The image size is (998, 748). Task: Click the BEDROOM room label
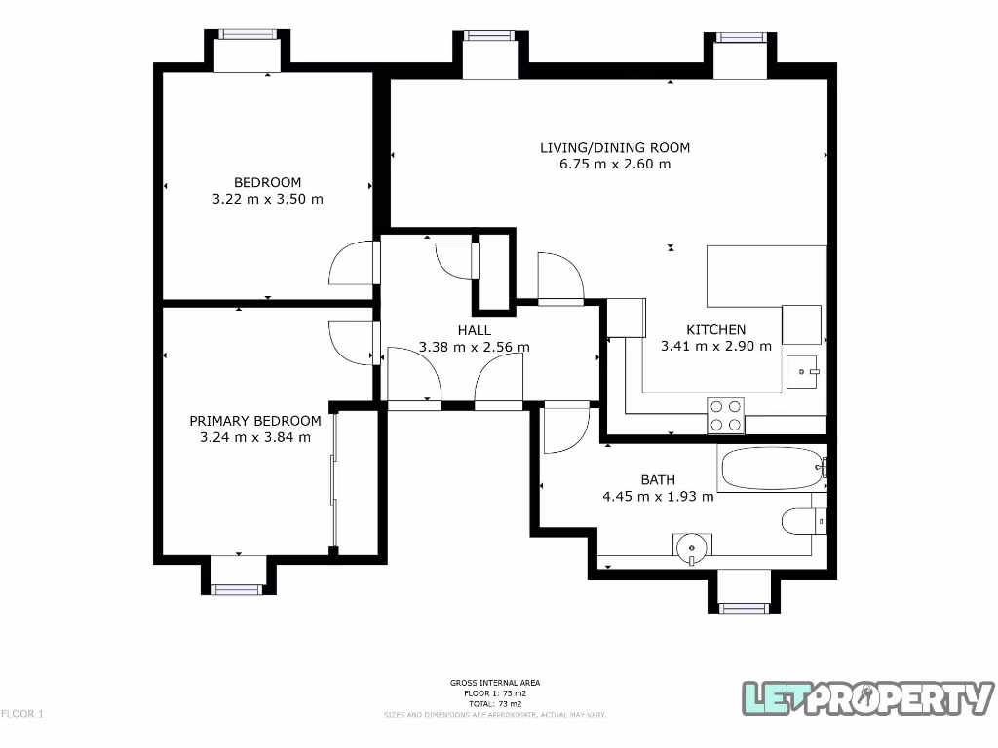coord(267,182)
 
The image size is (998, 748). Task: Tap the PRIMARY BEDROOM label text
coord(254,421)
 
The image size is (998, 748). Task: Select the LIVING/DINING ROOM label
coord(615,148)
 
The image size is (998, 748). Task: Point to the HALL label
coord(474,330)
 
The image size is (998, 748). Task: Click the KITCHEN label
coord(715,330)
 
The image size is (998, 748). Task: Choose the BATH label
coord(658,479)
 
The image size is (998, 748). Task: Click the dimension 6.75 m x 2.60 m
coord(615,165)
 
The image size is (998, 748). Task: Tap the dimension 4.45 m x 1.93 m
coord(658,496)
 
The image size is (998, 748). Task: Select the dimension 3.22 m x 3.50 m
coord(267,199)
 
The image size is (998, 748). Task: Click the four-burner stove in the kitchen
coord(724,415)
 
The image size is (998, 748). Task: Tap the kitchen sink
coord(804,371)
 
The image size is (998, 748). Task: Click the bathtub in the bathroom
coord(771,469)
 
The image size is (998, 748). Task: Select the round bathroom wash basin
coord(691,547)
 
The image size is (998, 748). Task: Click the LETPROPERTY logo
coord(868,697)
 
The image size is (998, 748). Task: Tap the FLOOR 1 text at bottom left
coord(22,714)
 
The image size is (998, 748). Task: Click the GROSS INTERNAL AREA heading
coord(495,683)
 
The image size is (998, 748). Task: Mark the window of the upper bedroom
coord(248,34)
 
